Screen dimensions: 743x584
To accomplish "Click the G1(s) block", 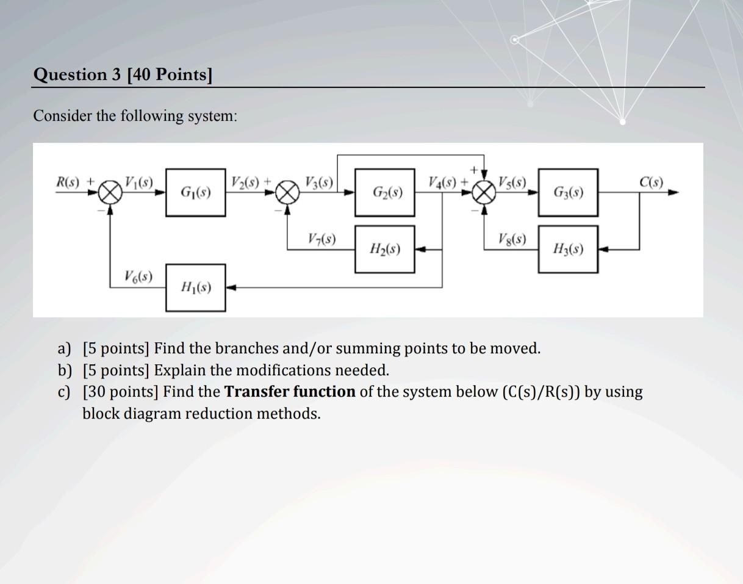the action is [x=196, y=192].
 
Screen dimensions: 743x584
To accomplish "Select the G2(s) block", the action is [x=385, y=192].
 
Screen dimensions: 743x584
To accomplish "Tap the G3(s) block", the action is [x=568, y=192].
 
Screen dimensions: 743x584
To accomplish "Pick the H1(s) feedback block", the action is [x=196, y=287].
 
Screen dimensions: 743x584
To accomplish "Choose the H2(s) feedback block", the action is [x=385, y=249].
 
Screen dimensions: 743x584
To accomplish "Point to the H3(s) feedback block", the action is [x=568, y=249].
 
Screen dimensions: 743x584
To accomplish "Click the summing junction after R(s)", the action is [x=110, y=192].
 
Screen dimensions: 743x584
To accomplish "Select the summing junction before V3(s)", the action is [x=287, y=192].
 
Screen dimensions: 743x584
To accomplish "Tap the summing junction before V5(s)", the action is [x=484, y=192].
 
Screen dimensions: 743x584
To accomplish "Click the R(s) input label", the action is [x=67, y=182].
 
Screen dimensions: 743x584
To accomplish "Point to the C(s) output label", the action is [x=651, y=182].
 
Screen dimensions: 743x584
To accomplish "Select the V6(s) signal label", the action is [x=138, y=276].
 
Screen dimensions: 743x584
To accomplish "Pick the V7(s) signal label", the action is [x=321, y=239].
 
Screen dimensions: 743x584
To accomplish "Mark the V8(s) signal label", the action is [x=512, y=239].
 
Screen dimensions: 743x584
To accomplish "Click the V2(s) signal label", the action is [x=245, y=182].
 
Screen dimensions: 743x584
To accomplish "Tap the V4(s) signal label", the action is [x=443, y=182].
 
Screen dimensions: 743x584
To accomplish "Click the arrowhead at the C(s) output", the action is [x=673, y=192].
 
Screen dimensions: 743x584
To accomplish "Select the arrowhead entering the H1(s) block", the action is [x=231, y=287].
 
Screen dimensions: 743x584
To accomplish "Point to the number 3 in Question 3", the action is [x=117, y=74].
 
